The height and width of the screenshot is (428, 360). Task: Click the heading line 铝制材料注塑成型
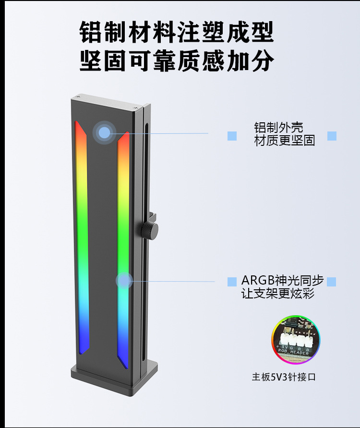tap(177, 32)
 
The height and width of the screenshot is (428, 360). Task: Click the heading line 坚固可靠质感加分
tap(177, 61)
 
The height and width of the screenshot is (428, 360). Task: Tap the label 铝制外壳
tap(278, 128)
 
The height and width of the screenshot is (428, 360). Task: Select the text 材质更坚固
tap(284, 141)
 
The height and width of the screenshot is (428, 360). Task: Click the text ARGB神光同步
tap(282, 280)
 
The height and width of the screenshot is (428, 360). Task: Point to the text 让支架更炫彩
tap(278, 294)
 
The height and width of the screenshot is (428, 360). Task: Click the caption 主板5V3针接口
tap(284, 377)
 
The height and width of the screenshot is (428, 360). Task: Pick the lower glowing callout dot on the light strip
tap(124, 281)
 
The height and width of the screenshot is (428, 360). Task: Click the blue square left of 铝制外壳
tap(232, 136)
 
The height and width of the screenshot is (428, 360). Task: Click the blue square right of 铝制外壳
tap(332, 136)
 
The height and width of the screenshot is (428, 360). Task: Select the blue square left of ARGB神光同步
tap(232, 281)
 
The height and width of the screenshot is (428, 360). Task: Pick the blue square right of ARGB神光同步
tap(332, 281)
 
